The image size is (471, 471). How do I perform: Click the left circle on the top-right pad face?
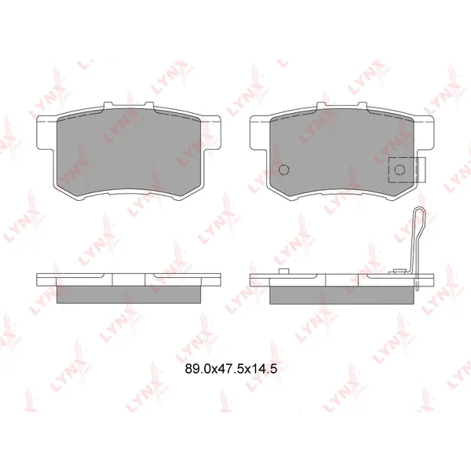284,170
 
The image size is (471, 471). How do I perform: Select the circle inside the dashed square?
400,170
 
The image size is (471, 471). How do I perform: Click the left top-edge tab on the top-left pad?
108,104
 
